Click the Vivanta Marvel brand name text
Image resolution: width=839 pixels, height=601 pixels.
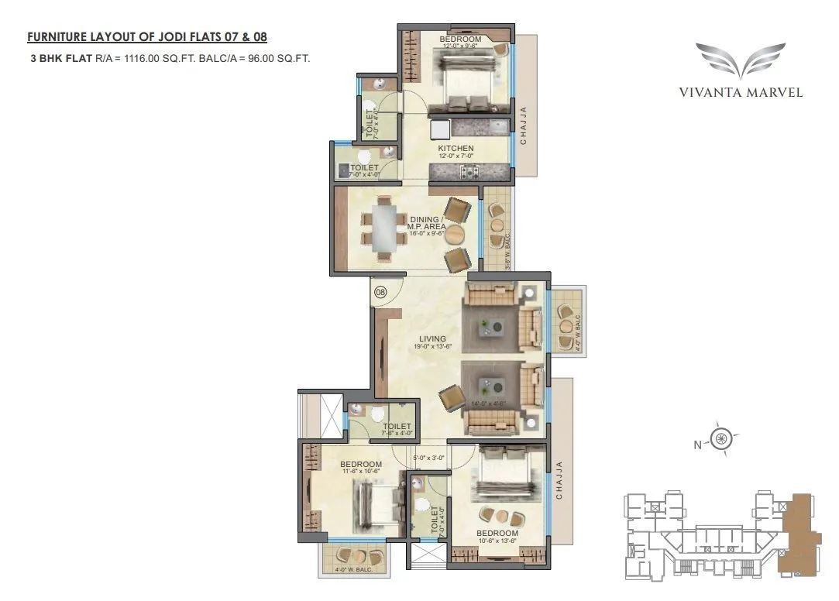pyautogui.click(x=741, y=92)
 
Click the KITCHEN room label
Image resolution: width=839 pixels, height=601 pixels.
pyautogui.click(x=456, y=149)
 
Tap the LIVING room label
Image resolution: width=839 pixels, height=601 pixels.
pyautogui.click(x=432, y=338)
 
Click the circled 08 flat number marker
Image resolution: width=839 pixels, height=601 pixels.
pyautogui.click(x=380, y=293)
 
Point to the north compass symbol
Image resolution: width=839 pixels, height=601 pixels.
pyautogui.click(x=721, y=439)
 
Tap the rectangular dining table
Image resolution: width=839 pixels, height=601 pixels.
pyautogui.click(x=384, y=228)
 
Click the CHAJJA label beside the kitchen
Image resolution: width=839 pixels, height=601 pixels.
pyautogui.click(x=524, y=126)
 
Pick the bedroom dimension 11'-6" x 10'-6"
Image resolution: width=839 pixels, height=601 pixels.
pyautogui.click(x=361, y=473)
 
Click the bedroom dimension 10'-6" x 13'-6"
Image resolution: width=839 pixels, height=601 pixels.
pyautogui.click(x=497, y=542)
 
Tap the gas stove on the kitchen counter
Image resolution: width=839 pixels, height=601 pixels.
pyautogui.click(x=470, y=172)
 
